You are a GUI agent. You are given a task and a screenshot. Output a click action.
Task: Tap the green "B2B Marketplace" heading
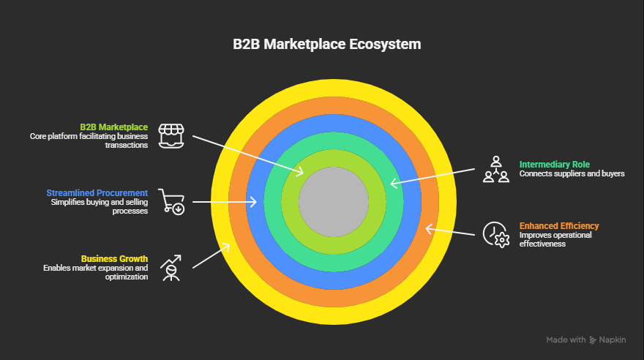pos(113,127)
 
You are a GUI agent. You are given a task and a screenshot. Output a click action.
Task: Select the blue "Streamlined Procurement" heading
pos(97,193)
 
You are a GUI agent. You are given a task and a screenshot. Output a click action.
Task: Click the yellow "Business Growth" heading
pos(114,259)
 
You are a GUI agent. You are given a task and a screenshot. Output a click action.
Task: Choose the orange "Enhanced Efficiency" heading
pos(559,226)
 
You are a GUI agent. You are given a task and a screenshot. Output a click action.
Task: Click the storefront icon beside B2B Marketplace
pos(171,136)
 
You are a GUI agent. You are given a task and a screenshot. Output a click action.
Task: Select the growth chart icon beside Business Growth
pos(171,268)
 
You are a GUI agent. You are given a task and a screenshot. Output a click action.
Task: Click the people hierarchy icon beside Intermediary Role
pos(495,169)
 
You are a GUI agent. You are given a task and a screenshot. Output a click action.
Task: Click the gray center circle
pos(333,201)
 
